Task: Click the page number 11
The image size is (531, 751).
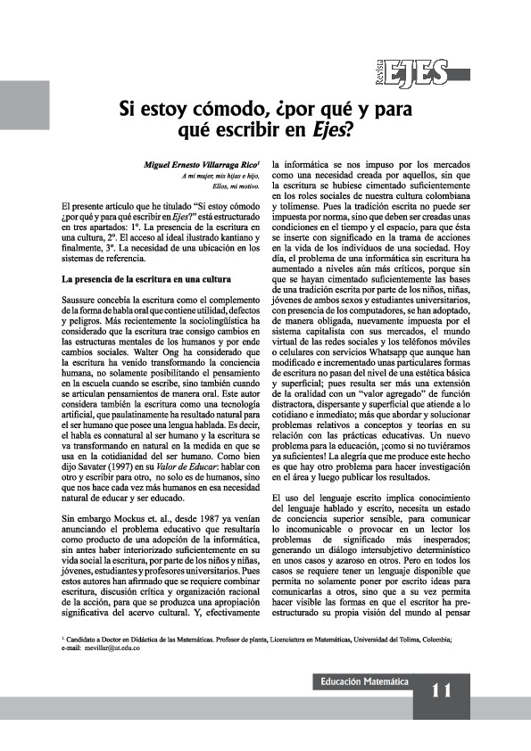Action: coord(443,691)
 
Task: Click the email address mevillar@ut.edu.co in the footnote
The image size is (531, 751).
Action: coord(112,648)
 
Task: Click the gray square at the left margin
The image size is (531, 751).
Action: coord(24,104)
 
